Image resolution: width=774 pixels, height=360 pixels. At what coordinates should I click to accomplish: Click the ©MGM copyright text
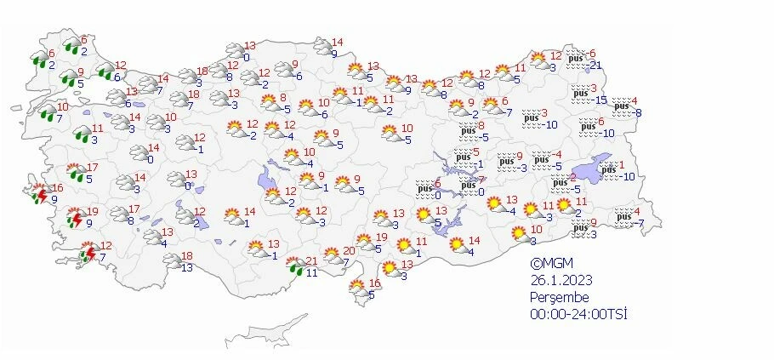pos(549,264)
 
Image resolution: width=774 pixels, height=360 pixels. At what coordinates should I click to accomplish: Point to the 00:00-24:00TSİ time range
pos(579,314)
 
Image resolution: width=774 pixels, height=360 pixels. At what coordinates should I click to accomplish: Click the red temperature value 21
pos(312,261)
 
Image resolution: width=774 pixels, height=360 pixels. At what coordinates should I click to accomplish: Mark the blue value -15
pos(600,100)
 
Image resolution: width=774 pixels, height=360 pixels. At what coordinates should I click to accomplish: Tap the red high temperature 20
pos(349,251)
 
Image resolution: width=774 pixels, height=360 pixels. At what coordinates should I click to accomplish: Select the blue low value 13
pos(187,267)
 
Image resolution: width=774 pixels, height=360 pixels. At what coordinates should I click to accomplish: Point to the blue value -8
pos(636,113)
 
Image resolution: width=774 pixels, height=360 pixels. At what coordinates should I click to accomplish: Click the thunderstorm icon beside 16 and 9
pos(39,195)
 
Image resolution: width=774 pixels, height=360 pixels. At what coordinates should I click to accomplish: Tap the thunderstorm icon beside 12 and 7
pos(87,253)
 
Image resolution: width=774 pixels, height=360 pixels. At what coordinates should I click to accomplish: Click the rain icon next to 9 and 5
pos(67,80)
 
